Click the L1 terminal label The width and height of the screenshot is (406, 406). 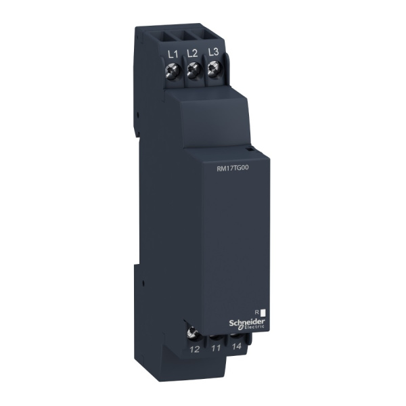[x=172, y=52]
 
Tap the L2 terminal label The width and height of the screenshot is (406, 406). [x=192, y=52]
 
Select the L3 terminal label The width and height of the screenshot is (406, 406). [x=212, y=51]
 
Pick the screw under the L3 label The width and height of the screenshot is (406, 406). [x=213, y=66]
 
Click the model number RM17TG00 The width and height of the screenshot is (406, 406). [x=231, y=171]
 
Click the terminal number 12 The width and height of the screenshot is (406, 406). [x=196, y=349]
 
